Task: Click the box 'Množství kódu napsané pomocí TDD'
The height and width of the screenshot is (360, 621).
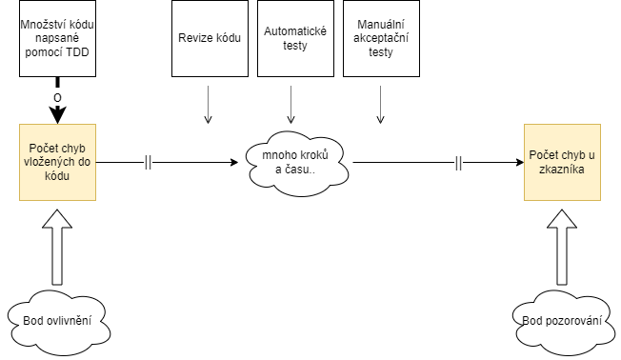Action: point(56,38)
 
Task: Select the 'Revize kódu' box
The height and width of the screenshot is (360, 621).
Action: point(209,38)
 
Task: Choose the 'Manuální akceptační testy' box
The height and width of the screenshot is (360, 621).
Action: point(380,38)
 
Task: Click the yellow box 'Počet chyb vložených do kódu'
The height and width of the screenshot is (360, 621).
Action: point(56,162)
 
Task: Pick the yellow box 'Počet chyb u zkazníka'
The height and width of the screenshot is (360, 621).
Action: point(561,162)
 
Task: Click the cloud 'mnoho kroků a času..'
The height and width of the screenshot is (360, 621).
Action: point(294,162)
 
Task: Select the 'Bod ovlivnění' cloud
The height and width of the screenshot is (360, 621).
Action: point(56,320)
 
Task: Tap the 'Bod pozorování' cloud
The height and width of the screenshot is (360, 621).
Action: point(561,320)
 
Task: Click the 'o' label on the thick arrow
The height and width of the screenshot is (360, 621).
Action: point(57,98)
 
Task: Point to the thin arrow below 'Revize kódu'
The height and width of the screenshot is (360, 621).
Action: point(209,105)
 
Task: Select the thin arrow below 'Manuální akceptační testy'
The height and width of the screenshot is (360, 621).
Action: point(380,105)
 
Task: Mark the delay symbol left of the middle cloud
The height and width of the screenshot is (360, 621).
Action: point(148,163)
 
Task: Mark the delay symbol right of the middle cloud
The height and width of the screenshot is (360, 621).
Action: point(458,163)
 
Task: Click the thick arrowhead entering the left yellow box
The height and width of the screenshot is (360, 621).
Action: point(57,116)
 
